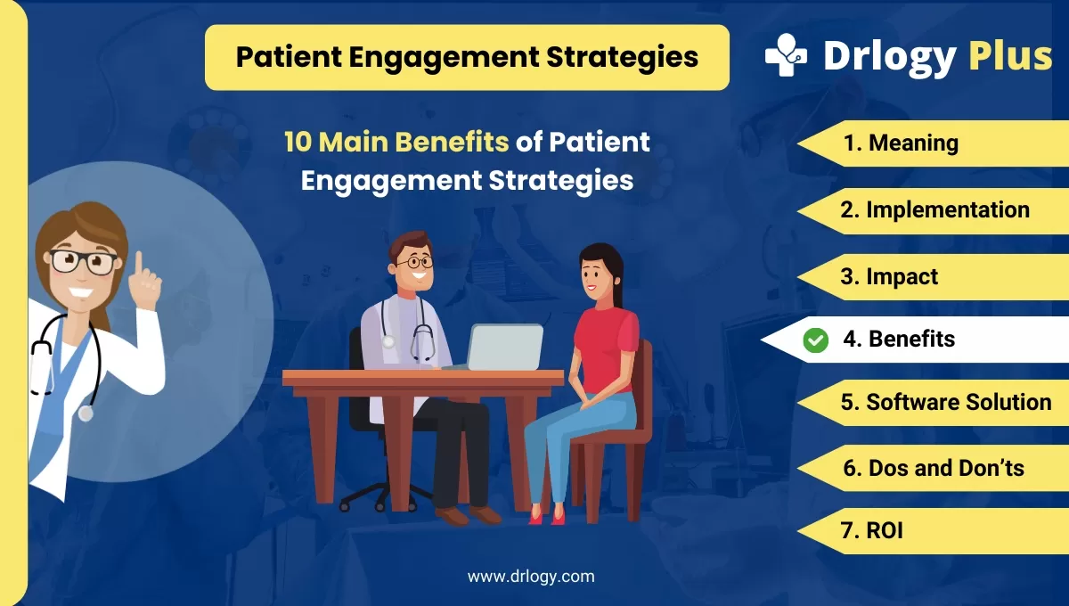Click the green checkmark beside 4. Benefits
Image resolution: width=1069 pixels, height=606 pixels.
[815, 340]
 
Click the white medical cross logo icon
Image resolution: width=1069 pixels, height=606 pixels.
[785, 55]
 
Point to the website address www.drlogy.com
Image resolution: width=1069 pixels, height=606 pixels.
[531, 577]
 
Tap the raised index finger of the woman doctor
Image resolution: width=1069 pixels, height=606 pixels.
[138, 261]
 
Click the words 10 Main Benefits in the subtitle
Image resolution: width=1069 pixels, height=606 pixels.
[396, 142]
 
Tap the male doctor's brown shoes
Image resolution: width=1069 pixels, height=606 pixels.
[468, 515]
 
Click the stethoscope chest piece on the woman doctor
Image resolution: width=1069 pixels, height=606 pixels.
[86, 413]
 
